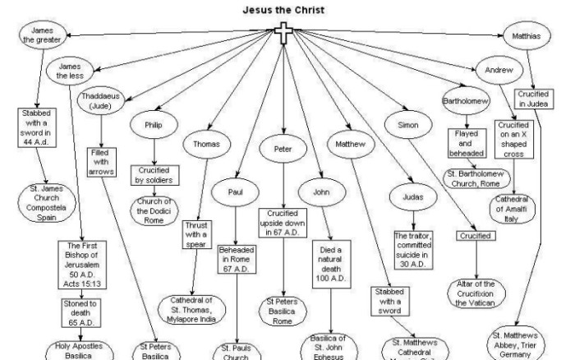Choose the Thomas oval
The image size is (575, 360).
(207, 143)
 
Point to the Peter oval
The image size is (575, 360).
(282, 150)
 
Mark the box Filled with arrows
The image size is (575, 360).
(103, 161)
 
